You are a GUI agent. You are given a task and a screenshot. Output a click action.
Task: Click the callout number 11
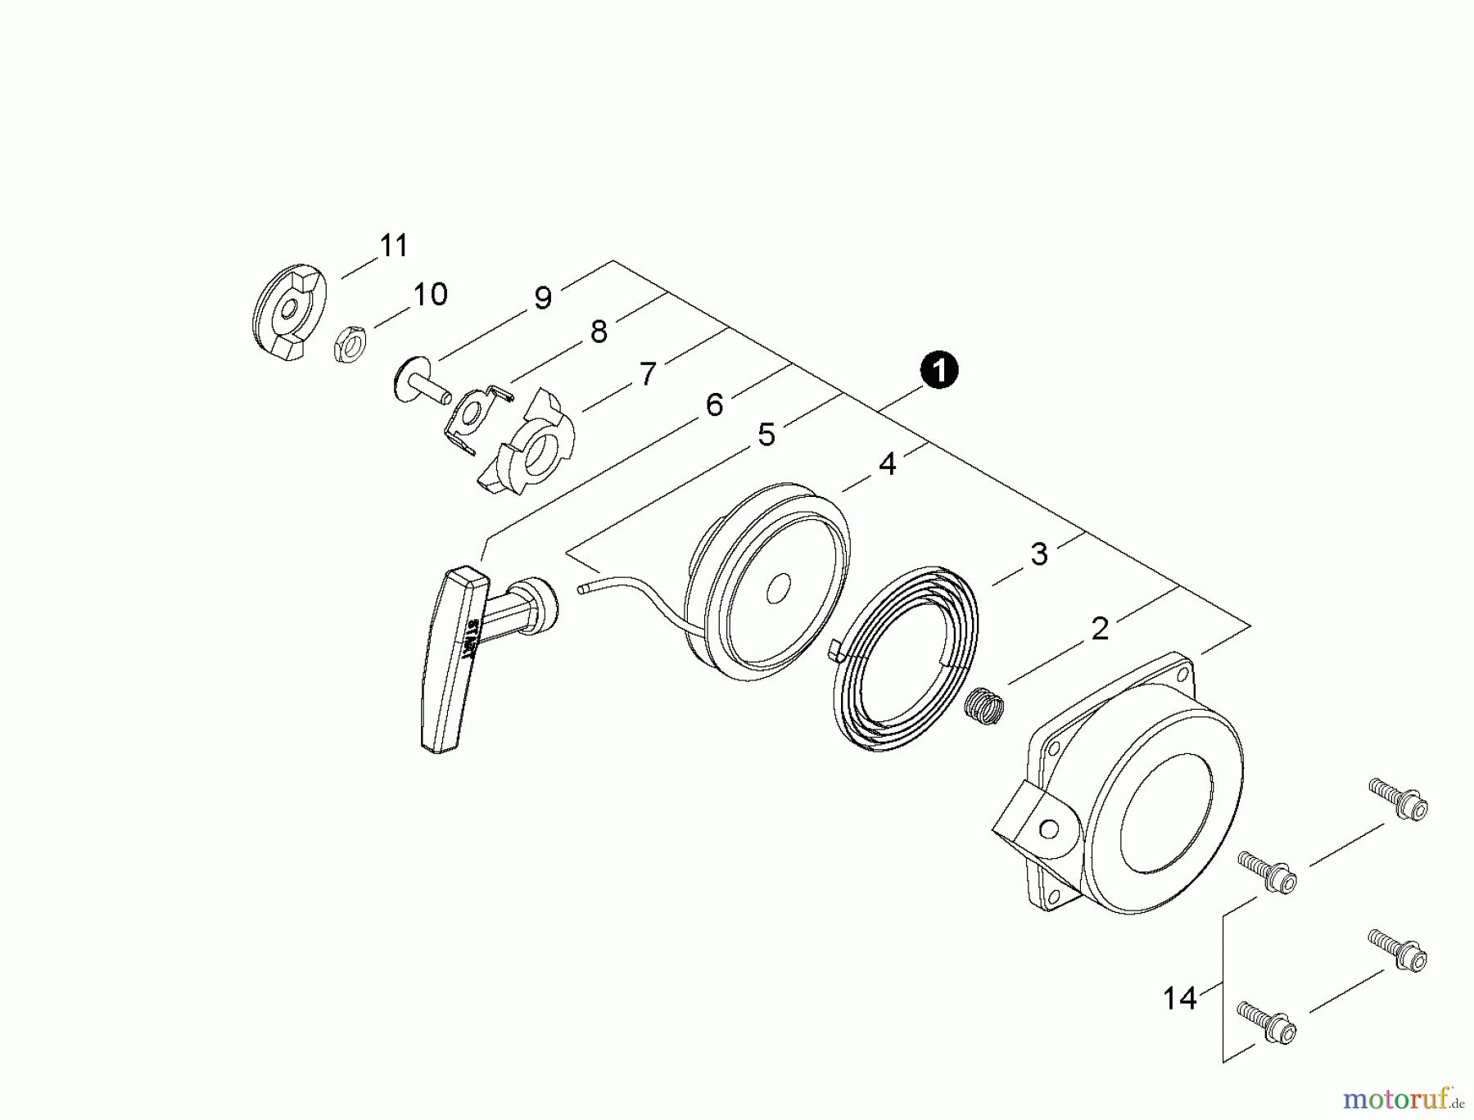click(x=394, y=246)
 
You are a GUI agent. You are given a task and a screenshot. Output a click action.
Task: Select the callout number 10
click(x=430, y=295)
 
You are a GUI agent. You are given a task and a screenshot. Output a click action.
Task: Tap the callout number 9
click(x=543, y=299)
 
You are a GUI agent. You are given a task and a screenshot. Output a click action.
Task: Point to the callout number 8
click(x=599, y=332)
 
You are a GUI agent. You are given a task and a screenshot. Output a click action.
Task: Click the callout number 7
click(x=648, y=375)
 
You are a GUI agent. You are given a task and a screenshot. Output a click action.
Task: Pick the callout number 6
click(x=714, y=404)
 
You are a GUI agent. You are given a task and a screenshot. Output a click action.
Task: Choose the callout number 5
click(x=766, y=435)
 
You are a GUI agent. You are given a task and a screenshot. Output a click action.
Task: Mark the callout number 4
click(x=888, y=464)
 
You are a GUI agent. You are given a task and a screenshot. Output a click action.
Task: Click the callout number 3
click(x=1039, y=554)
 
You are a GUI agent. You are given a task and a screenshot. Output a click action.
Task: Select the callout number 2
click(x=1100, y=629)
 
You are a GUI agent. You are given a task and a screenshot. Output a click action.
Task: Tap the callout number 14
click(x=1180, y=999)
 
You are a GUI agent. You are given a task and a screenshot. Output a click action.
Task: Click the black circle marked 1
click(x=939, y=371)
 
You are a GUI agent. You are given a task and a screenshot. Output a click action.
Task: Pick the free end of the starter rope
click(x=583, y=588)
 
